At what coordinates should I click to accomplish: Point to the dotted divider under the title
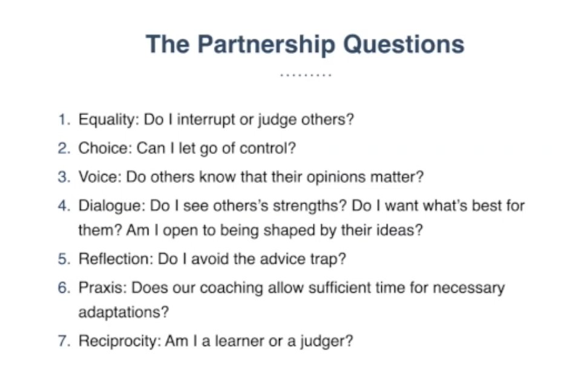click(x=306, y=76)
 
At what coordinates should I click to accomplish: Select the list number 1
click(x=64, y=119)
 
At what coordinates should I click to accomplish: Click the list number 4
click(x=64, y=205)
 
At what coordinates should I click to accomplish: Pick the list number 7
click(x=64, y=341)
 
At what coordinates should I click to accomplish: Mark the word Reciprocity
click(x=117, y=341)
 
